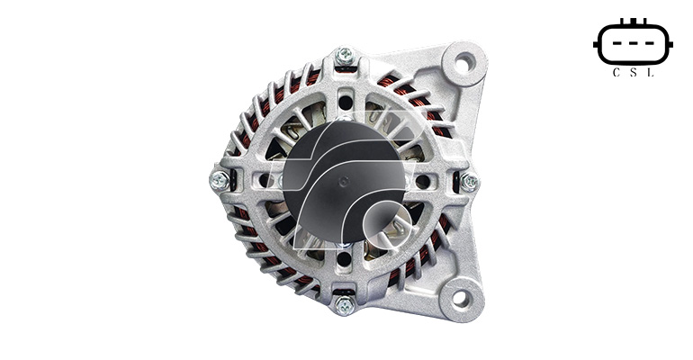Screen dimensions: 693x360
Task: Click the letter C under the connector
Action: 616,73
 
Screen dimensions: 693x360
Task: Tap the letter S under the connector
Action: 633,73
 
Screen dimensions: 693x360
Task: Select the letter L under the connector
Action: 650,73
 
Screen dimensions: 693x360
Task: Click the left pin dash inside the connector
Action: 616,44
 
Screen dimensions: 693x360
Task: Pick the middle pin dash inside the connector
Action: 633,44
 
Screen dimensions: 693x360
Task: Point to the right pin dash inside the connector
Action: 650,44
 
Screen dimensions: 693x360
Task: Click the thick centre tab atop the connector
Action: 633,22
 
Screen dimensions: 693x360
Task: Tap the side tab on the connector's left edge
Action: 596,44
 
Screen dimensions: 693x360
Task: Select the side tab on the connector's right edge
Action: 670,44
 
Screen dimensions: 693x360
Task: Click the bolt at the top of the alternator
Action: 345,56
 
